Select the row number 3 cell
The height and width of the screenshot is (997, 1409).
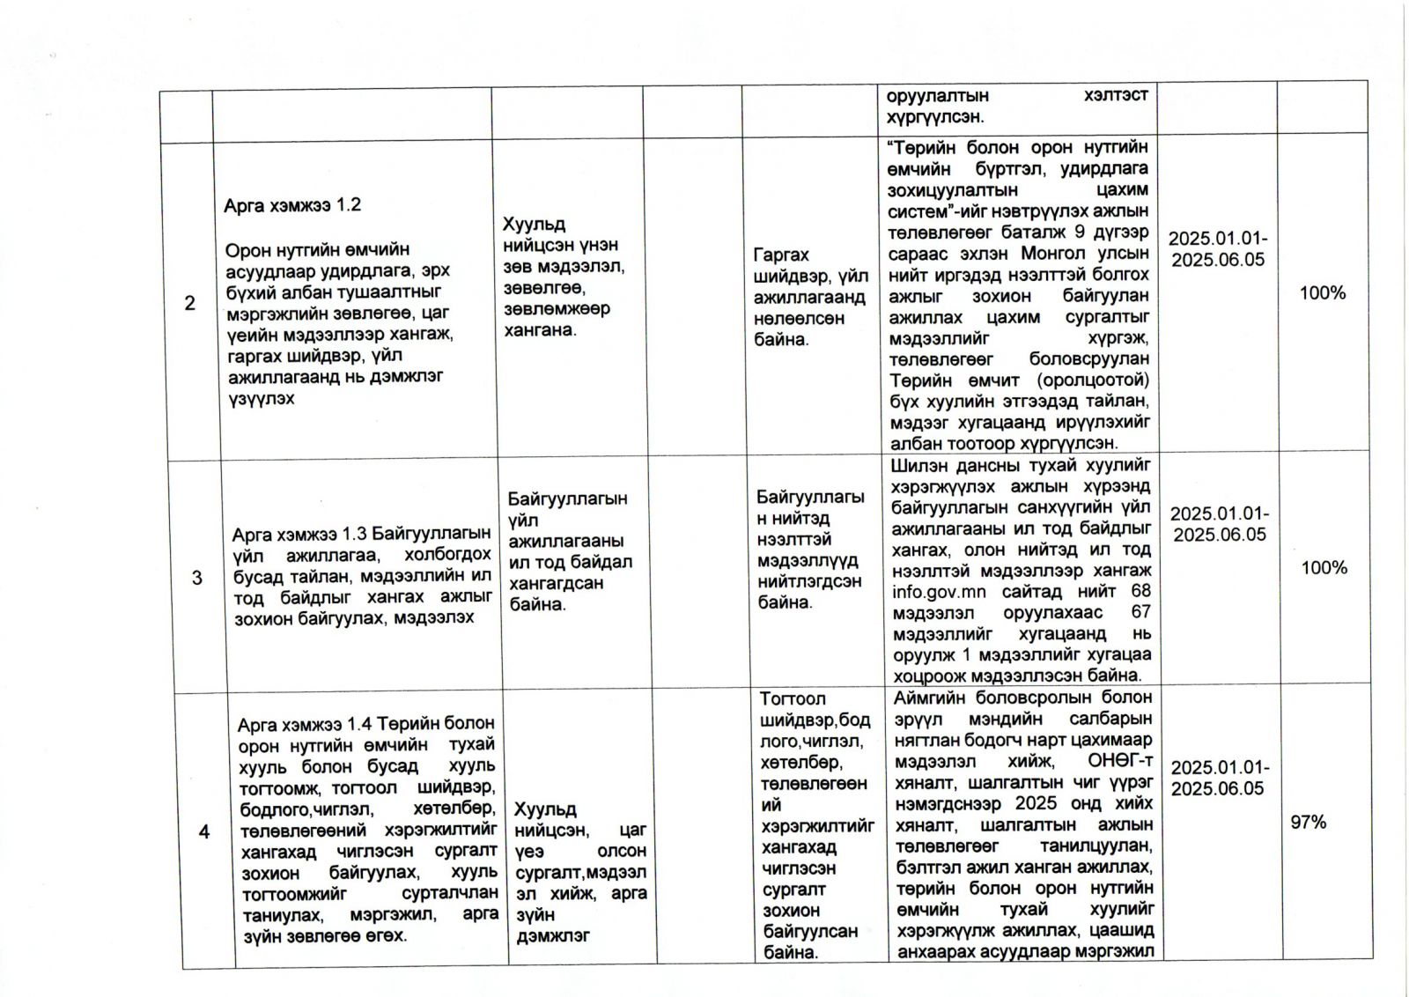[196, 578]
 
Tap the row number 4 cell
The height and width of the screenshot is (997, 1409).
[204, 831]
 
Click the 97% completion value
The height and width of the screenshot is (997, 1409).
[1308, 822]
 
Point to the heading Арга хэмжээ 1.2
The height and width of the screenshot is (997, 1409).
[292, 205]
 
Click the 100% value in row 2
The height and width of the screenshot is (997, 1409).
[1323, 293]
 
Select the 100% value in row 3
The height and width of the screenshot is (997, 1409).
[1324, 568]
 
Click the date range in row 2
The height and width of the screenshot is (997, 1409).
[1218, 249]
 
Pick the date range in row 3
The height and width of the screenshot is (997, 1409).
[1220, 524]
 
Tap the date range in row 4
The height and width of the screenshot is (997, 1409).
[1220, 778]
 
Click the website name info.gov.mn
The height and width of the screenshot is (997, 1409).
[939, 592]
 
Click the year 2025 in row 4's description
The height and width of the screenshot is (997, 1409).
[1036, 803]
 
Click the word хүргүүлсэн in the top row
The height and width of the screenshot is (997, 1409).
[935, 117]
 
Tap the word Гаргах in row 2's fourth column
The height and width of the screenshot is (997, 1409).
[781, 255]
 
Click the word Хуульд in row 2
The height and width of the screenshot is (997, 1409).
[534, 224]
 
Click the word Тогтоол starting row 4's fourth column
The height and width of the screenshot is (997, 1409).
[793, 698]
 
